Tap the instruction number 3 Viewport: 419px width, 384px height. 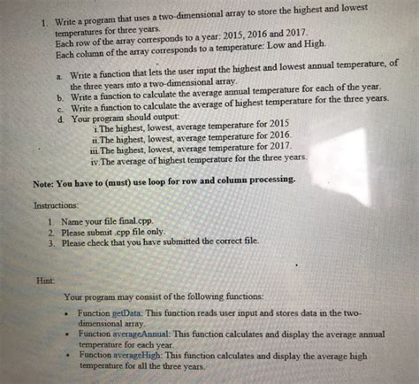point(54,242)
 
